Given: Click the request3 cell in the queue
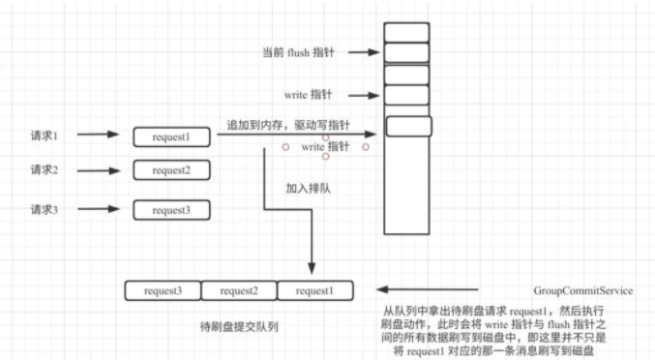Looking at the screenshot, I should click(x=164, y=289).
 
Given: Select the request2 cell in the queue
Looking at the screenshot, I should click(x=239, y=289).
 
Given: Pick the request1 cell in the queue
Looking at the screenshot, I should click(x=314, y=289).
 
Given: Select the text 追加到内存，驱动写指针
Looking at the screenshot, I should click(x=287, y=126).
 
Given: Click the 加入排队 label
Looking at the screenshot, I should click(x=309, y=189).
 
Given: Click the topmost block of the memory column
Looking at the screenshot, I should click(x=406, y=32).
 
